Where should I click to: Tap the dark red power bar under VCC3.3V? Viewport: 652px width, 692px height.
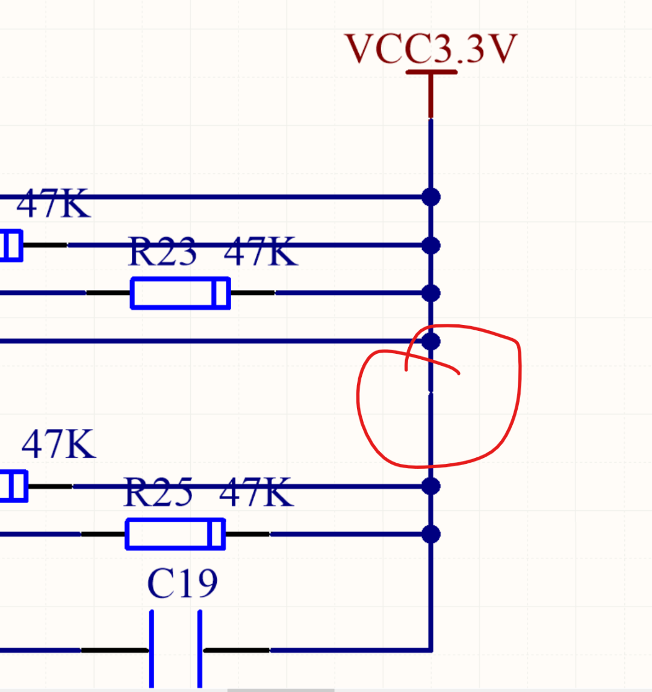[x=431, y=72]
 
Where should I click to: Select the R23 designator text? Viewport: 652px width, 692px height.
[x=163, y=252]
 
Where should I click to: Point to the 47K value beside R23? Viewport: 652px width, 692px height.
[x=260, y=252]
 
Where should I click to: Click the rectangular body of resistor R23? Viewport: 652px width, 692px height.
[x=180, y=293]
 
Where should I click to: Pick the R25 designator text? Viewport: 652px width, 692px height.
[x=158, y=492]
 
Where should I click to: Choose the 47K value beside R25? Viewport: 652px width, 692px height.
[x=256, y=492]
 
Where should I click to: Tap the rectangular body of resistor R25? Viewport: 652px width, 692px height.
[x=175, y=534]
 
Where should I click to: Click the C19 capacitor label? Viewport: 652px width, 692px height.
[x=182, y=583]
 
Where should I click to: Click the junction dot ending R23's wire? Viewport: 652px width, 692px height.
[x=431, y=293]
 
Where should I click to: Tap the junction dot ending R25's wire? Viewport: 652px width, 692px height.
[x=431, y=534]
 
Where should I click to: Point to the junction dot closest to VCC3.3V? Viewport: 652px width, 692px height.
[x=431, y=197]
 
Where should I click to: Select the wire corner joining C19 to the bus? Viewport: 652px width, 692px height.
[x=431, y=650]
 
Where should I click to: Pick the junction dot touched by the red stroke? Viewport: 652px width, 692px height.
[x=431, y=341]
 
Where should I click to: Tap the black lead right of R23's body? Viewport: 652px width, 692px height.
[x=252, y=293]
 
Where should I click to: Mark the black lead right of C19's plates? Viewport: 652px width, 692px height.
[x=237, y=650]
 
